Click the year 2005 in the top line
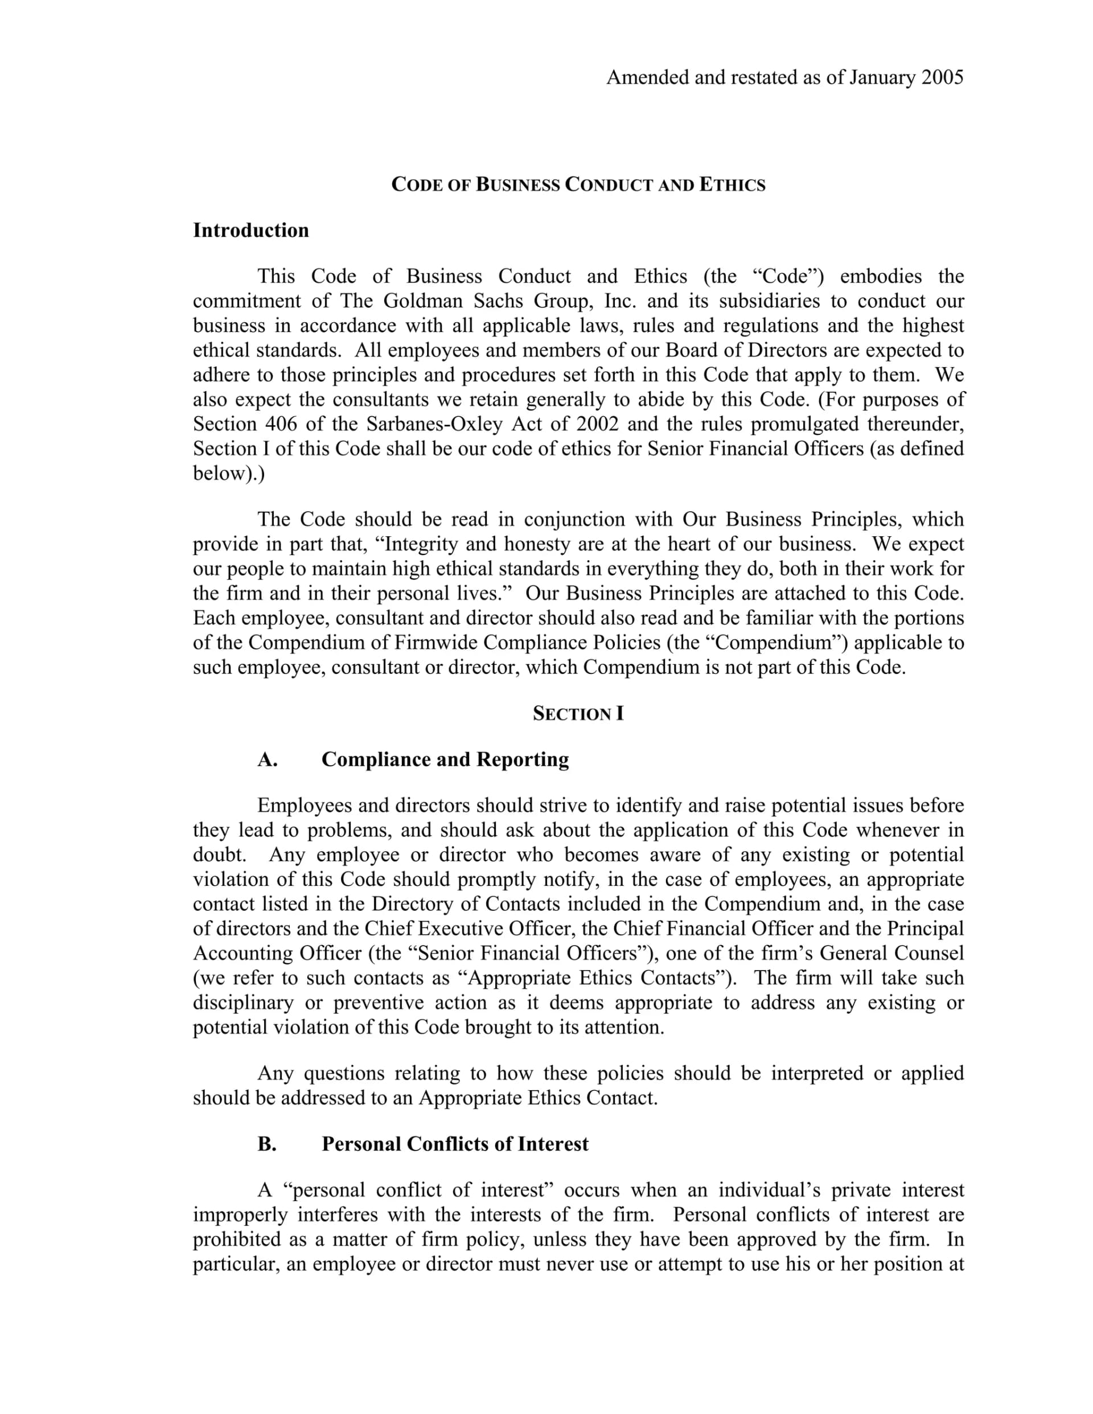pyautogui.click(x=942, y=77)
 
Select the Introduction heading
pyautogui.click(x=250, y=231)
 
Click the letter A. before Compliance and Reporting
pyautogui.click(x=268, y=759)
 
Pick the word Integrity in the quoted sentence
pyautogui.click(x=425, y=544)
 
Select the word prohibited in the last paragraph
pyautogui.click(x=235, y=1239)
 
